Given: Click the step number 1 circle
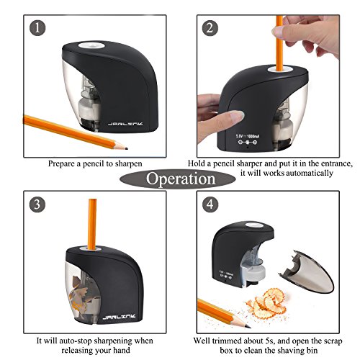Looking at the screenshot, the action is pyautogui.click(x=37, y=28).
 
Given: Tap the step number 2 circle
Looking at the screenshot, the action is pyautogui.click(x=210, y=28).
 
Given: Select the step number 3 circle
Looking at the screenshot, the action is pyautogui.click(x=37, y=204).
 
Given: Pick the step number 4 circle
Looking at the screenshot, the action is pyautogui.click(x=210, y=204).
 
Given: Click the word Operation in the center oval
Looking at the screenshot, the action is pyautogui.click(x=181, y=179).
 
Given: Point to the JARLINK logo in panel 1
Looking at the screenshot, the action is pyautogui.click(x=125, y=124).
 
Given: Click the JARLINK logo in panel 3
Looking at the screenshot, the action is pyautogui.click(x=119, y=317).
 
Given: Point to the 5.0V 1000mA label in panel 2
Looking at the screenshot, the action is pyautogui.click(x=248, y=136).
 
